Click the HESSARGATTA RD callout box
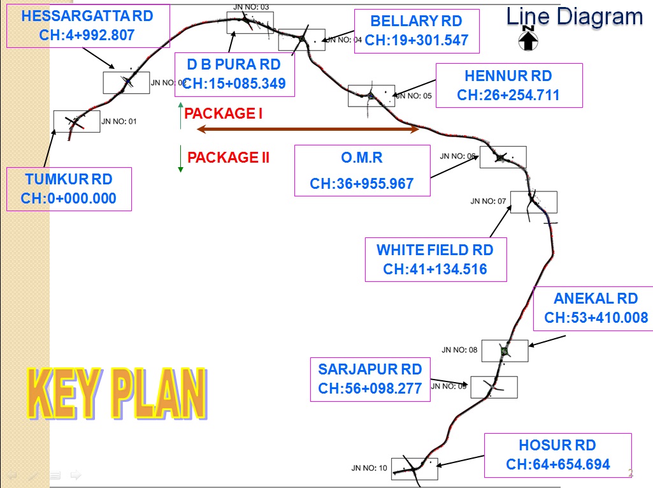(x=88, y=26)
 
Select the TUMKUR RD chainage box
(x=69, y=189)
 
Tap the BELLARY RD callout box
(x=416, y=31)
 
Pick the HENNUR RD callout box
(x=508, y=85)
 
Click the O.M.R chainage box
(x=362, y=170)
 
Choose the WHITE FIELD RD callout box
(x=435, y=260)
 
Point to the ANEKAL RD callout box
(x=596, y=308)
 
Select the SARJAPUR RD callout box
(x=370, y=379)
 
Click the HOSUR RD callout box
(x=557, y=455)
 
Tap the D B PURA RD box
(x=234, y=74)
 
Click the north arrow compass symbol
(x=528, y=40)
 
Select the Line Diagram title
(x=574, y=17)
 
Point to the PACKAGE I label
(x=223, y=114)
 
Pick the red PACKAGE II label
(x=228, y=158)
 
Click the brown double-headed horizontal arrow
(x=308, y=129)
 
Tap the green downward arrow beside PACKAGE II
(x=181, y=159)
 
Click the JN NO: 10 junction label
(x=369, y=468)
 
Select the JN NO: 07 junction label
(x=488, y=201)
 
